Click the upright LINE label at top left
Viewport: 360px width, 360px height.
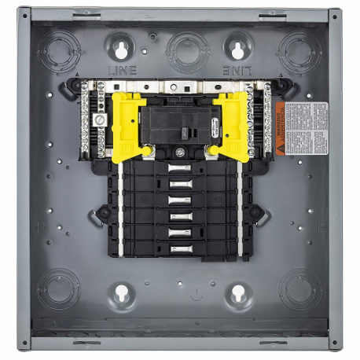(x=122, y=70)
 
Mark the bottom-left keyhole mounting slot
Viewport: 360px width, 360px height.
(x=121, y=295)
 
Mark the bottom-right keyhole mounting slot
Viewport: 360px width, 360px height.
(x=237, y=295)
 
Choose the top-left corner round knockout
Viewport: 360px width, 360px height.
(x=59, y=52)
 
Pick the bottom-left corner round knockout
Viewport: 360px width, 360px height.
(x=59, y=288)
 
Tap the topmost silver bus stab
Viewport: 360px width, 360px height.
(x=180, y=168)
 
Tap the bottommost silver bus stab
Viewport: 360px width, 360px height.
(x=180, y=248)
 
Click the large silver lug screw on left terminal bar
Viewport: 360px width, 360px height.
(x=100, y=120)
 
